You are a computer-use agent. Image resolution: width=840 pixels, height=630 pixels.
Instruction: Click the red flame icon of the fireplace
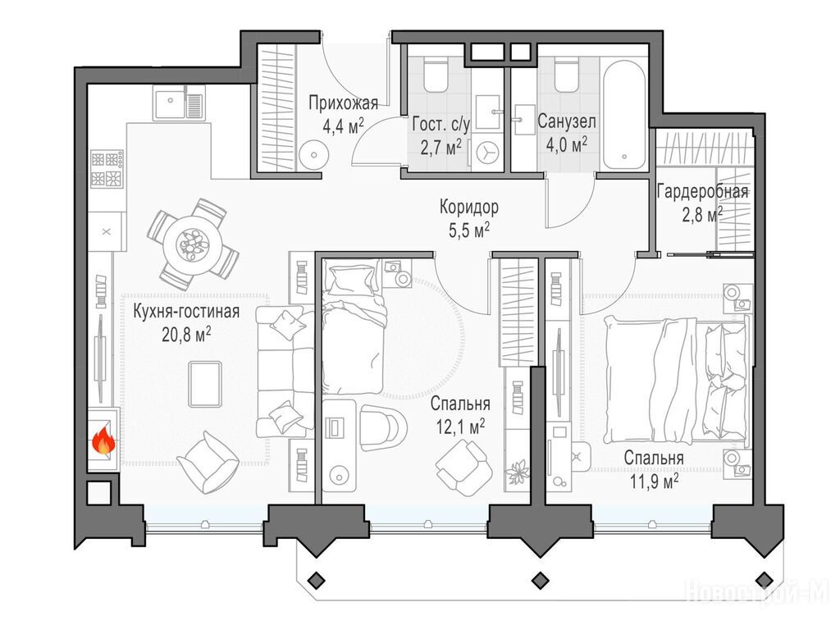pyautogui.click(x=103, y=441)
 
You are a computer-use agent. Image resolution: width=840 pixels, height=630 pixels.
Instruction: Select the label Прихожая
pyautogui.click(x=344, y=103)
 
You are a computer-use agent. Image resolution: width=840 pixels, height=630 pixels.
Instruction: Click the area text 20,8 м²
pyautogui.click(x=186, y=335)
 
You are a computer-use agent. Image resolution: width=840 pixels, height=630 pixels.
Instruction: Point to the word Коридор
pyautogui.click(x=468, y=206)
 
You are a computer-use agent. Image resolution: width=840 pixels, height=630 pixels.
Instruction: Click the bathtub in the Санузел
pyautogui.click(x=623, y=115)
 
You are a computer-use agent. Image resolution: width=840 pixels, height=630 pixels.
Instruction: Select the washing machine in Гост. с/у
pyautogui.click(x=487, y=152)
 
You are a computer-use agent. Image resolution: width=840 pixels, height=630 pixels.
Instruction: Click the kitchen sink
pyautogui.click(x=179, y=104)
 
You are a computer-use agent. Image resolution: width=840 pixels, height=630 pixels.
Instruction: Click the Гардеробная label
pyautogui.click(x=702, y=191)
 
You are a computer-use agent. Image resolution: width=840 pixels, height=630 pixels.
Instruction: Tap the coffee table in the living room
pyautogui.click(x=205, y=384)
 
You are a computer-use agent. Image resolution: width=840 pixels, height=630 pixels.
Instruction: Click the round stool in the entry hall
pyautogui.click(x=313, y=153)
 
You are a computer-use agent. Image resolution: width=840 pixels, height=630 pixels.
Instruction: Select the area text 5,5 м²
pyautogui.click(x=468, y=230)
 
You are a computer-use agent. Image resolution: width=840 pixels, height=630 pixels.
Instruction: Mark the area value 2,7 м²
pyautogui.click(x=441, y=147)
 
